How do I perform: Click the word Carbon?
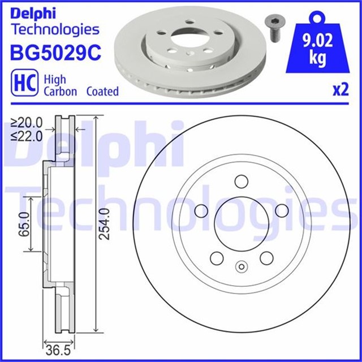pos(60,91)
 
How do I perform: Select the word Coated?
pos(102,91)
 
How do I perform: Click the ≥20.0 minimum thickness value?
pos(27,122)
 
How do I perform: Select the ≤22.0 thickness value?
pos(27,136)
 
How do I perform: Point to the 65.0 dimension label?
pos(23,223)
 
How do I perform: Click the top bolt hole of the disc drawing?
pos(241,182)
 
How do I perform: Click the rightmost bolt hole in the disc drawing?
pos(281,211)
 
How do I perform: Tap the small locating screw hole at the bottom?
pos(242,267)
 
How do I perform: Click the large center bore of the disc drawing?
pos(242,223)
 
